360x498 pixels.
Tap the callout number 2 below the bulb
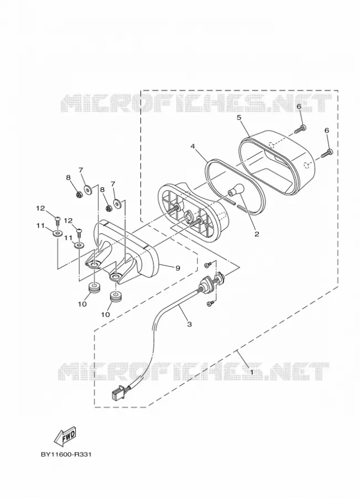[x=257, y=235]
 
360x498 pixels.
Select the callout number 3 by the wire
[x=190, y=324]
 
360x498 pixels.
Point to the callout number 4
[x=192, y=146]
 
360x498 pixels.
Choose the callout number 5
[x=239, y=117]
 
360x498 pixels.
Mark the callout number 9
[x=177, y=268]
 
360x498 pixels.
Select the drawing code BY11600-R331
[x=66, y=454]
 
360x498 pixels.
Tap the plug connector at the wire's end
[x=117, y=394]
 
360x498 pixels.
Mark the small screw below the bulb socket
[x=209, y=304]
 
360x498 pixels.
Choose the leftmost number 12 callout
[x=40, y=208]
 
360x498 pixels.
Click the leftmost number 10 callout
[x=82, y=304]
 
